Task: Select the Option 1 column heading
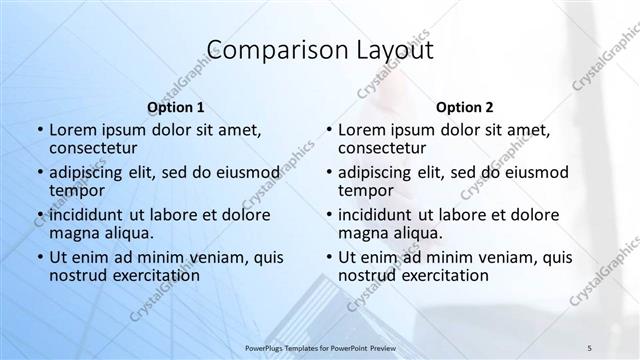(x=176, y=106)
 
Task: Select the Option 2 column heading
(x=464, y=106)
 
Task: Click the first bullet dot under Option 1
(x=39, y=131)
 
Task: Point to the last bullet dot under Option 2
(x=328, y=258)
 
